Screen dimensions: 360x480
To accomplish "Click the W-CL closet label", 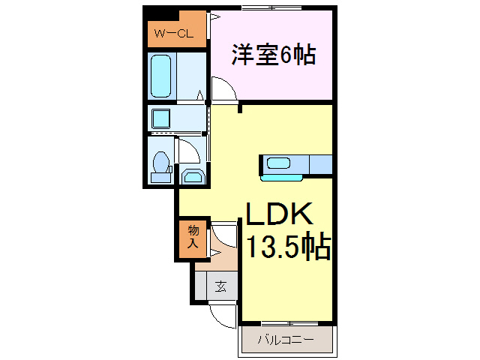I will click(x=174, y=34).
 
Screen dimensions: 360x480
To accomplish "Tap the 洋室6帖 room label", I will click(x=272, y=55).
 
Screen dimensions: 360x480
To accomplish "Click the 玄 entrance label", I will click(x=221, y=286).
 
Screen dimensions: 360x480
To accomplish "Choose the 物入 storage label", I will click(x=193, y=237).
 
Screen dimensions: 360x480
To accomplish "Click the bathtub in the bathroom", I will click(x=161, y=76).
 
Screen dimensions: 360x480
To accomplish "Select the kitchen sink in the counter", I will click(x=280, y=163).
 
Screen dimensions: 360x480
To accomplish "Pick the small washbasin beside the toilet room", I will click(x=192, y=176).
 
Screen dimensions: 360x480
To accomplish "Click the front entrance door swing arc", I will click(x=223, y=316).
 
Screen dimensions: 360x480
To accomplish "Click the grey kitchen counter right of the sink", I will click(x=319, y=163).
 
